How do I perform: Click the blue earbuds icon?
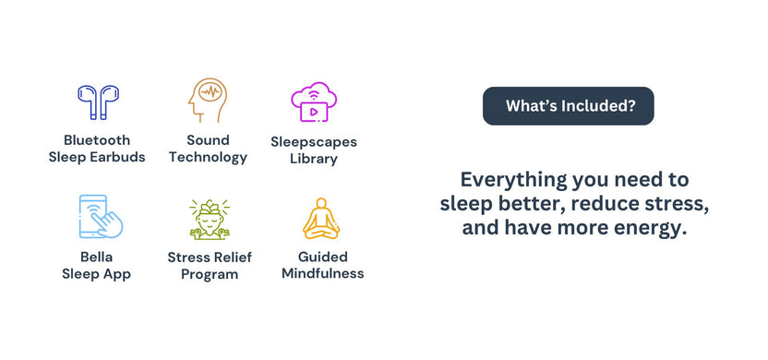(x=97, y=102)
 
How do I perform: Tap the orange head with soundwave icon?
(x=207, y=101)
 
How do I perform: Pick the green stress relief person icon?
(x=209, y=219)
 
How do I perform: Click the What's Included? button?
(x=569, y=106)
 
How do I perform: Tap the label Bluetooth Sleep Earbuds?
(x=97, y=149)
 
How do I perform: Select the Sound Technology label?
(x=208, y=149)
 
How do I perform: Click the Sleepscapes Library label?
(x=314, y=150)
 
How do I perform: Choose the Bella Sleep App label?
(x=97, y=265)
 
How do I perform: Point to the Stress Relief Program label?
(x=210, y=265)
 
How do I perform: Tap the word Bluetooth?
(x=97, y=140)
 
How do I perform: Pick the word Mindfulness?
(x=322, y=273)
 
